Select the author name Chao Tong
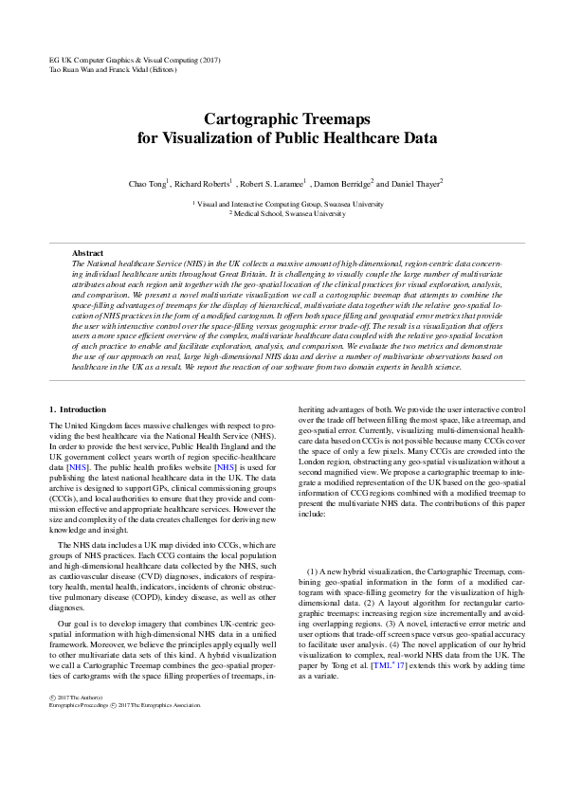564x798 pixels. click(x=147, y=182)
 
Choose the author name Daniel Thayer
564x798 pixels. click(x=414, y=182)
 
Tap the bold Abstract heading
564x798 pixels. click(x=87, y=253)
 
